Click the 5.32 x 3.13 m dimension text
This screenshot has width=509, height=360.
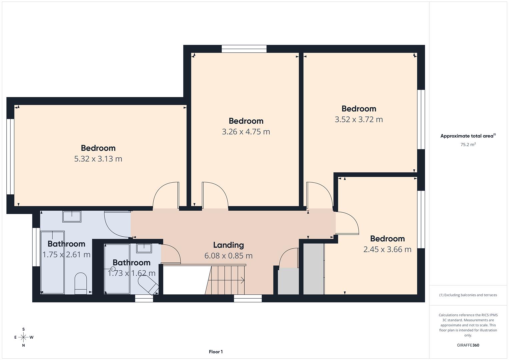click(98, 159)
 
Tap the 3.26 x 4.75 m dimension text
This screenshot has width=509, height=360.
click(246, 132)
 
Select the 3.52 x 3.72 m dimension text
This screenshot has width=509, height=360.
click(359, 119)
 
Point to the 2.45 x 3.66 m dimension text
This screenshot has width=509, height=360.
click(387, 249)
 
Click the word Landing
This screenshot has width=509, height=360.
click(228, 245)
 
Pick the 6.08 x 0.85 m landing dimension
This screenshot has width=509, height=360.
click(228, 256)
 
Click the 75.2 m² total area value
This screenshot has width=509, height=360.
click(468, 145)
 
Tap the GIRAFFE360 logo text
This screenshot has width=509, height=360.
click(468, 345)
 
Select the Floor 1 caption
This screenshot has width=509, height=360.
click(216, 352)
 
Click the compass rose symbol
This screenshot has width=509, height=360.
click(23, 337)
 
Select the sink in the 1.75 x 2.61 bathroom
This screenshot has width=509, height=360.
click(72, 216)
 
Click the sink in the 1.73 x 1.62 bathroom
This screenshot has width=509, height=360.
click(144, 248)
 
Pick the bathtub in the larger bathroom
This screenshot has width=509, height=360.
click(52, 263)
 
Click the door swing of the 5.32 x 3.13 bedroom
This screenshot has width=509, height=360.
click(166, 195)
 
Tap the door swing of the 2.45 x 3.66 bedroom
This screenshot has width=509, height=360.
click(347, 223)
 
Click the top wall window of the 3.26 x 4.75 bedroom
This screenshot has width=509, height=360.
click(244, 49)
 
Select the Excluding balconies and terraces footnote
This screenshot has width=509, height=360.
click(468, 295)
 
